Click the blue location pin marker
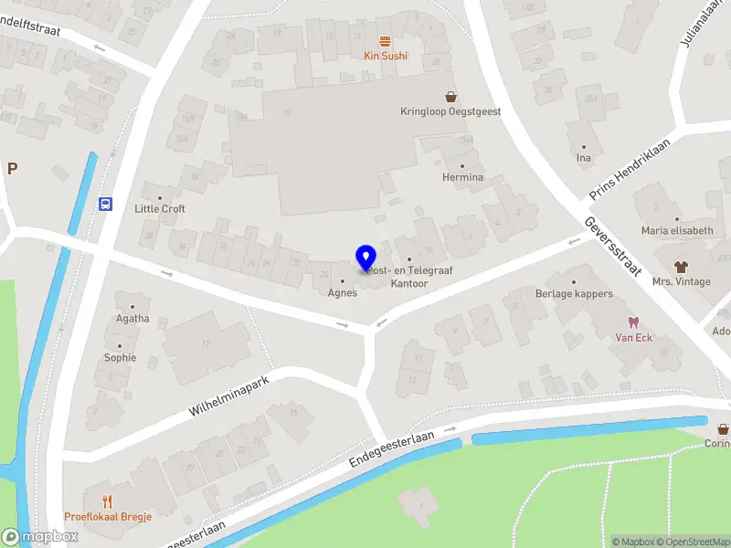click(365, 258)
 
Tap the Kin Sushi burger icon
click(386, 40)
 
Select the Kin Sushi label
click(386, 57)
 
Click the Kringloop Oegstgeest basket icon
click(450, 96)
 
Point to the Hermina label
click(462, 177)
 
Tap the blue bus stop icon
click(106, 204)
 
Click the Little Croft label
click(160, 209)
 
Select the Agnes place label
click(343, 293)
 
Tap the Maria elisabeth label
click(677, 231)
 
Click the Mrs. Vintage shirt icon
click(681, 266)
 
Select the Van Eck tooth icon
click(631, 322)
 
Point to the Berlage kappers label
click(574, 294)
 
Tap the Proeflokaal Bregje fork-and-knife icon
click(108, 501)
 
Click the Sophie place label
click(120, 358)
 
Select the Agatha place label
click(132, 319)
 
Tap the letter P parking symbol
click(12, 168)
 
